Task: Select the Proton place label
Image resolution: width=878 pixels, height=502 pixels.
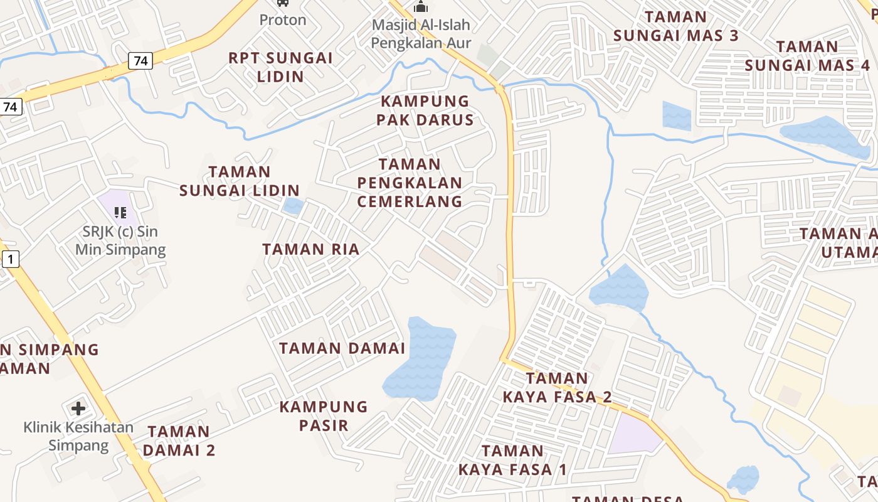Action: coord(283,19)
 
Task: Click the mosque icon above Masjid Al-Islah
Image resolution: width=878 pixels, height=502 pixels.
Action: coord(420,6)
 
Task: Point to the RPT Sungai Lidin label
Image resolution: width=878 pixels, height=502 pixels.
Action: coord(280,67)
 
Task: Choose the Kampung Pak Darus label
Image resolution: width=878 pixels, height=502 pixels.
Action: coord(425,110)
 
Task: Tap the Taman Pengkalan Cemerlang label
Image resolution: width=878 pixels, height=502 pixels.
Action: coord(410,183)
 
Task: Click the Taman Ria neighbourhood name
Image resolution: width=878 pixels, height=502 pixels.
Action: coord(311,249)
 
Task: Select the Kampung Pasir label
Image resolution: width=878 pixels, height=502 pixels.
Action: coord(324,415)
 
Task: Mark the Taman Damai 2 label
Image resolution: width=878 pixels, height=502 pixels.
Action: coord(179,441)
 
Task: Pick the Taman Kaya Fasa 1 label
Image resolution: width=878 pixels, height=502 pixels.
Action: coord(513,460)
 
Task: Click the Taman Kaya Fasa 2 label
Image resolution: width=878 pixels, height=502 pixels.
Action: coord(557,387)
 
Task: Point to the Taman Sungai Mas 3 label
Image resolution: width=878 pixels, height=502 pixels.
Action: coord(676,26)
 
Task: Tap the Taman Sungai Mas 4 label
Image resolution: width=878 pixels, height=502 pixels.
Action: coord(807,56)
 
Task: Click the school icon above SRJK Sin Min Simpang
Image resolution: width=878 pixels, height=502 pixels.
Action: coord(120,213)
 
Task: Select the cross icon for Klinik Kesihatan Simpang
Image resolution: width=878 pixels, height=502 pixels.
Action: coord(78,409)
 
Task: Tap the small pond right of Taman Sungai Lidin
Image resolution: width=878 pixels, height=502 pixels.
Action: coord(293,206)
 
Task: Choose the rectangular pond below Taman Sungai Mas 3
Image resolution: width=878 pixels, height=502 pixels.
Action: coord(677,116)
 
